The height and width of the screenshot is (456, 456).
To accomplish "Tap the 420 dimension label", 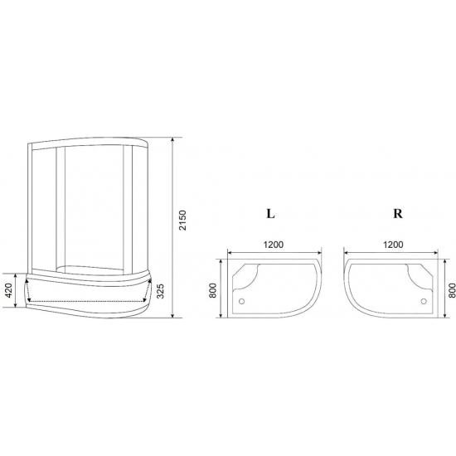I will click(x=8, y=291).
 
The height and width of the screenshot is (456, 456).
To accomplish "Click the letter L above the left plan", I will click(x=270, y=212).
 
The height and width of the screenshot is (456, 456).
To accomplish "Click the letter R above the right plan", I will click(x=397, y=212).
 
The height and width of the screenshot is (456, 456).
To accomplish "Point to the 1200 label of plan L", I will click(x=274, y=245).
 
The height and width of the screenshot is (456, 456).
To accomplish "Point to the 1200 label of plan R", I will click(x=395, y=245).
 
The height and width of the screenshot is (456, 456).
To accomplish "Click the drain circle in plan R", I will click(x=424, y=302).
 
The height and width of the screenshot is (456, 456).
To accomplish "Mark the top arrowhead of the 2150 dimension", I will click(x=172, y=137).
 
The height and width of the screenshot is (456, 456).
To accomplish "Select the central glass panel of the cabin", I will click(x=91, y=207).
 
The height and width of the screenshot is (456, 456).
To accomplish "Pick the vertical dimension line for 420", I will click(x=18, y=291).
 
